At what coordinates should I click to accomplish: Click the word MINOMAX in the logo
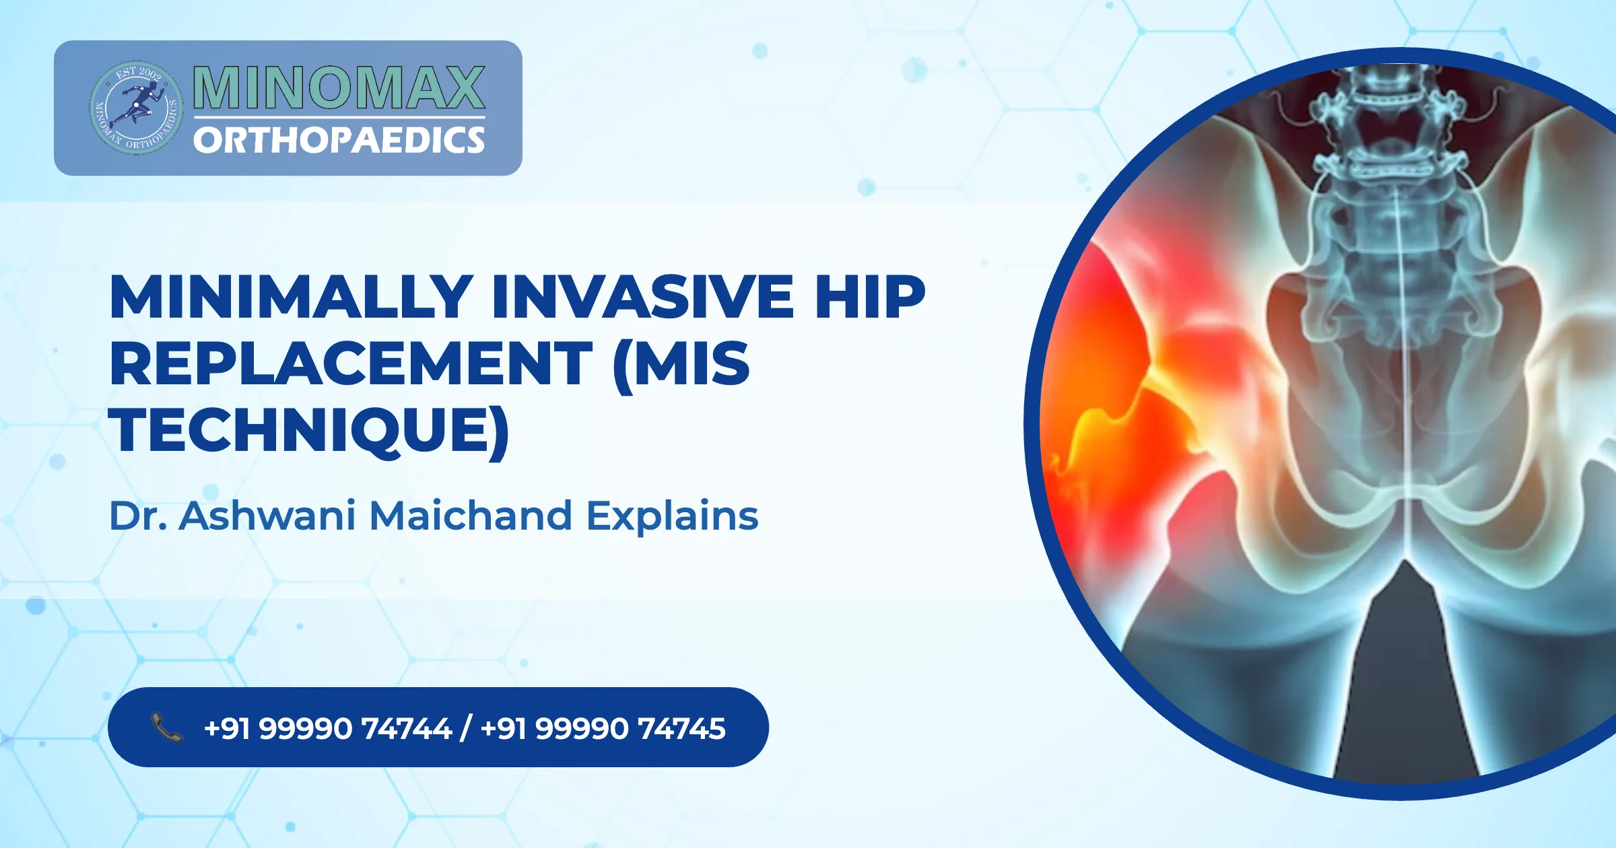(339, 87)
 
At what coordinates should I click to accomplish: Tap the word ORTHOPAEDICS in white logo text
(339, 141)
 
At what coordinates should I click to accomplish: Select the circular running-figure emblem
(136, 108)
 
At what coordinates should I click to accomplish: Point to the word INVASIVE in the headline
(643, 297)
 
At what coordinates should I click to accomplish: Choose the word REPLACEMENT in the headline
(351, 363)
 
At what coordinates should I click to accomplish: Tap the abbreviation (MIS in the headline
(681, 363)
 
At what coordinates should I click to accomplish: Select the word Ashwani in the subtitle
(267, 516)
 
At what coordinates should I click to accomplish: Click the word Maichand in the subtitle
(471, 516)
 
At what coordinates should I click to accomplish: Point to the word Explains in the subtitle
(672, 516)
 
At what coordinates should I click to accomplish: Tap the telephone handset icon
(166, 728)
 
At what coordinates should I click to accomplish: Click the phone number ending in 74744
(327, 728)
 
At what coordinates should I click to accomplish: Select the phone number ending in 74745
(603, 728)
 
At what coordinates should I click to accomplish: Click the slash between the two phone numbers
(465, 728)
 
